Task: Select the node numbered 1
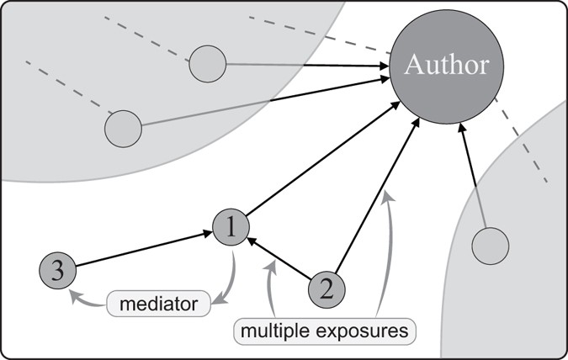tap(231, 226)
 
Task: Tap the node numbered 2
tap(327, 290)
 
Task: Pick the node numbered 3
tap(57, 271)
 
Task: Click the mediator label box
tap(158, 301)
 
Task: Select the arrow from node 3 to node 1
tap(143, 249)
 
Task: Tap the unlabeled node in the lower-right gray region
tap(490, 247)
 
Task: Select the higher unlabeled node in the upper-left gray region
tap(208, 64)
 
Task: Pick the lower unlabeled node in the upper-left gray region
tap(123, 129)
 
